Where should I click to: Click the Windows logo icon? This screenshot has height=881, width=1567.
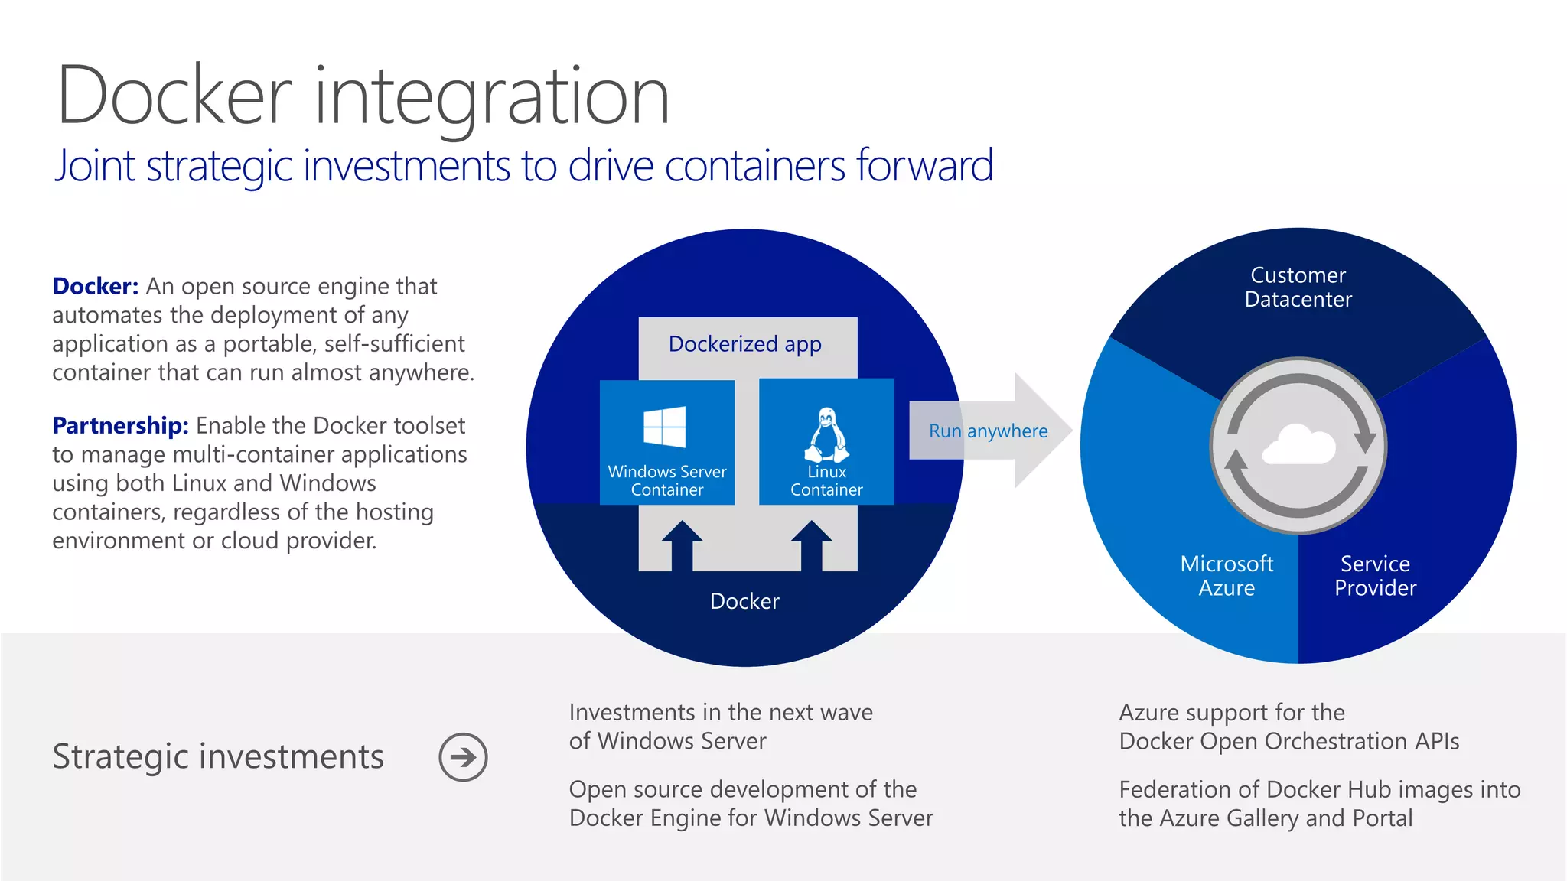[x=664, y=427]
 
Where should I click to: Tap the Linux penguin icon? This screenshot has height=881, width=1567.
[x=826, y=434]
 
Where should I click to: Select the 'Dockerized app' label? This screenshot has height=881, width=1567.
[x=744, y=344]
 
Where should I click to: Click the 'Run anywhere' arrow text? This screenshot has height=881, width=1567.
[x=988, y=431]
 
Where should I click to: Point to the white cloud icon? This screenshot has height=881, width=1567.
[x=1298, y=445]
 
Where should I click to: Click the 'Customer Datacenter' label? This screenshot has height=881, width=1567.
[x=1298, y=287]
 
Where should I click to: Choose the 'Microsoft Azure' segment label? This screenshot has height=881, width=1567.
[x=1227, y=576]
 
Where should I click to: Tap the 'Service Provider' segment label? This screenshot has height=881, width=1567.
[x=1375, y=576]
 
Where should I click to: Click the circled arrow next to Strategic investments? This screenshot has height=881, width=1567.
[x=463, y=757]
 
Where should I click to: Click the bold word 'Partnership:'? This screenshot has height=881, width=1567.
[x=120, y=425]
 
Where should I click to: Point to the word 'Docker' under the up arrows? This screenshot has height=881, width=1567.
[x=744, y=601]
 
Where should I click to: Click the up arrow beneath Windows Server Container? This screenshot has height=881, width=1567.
[x=682, y=545]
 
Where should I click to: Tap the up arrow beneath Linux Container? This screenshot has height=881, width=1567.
[x=812, y=545]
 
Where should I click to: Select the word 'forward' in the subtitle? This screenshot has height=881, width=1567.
[x=924, y=165]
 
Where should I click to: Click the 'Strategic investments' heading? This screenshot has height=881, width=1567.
[x=218, y=756]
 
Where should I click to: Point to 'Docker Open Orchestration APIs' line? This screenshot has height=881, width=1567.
[x=1288, y=741]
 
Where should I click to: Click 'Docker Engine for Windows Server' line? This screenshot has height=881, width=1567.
[x=751, y=818]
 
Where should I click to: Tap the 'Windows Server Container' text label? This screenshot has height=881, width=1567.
[x=667, y=480]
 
